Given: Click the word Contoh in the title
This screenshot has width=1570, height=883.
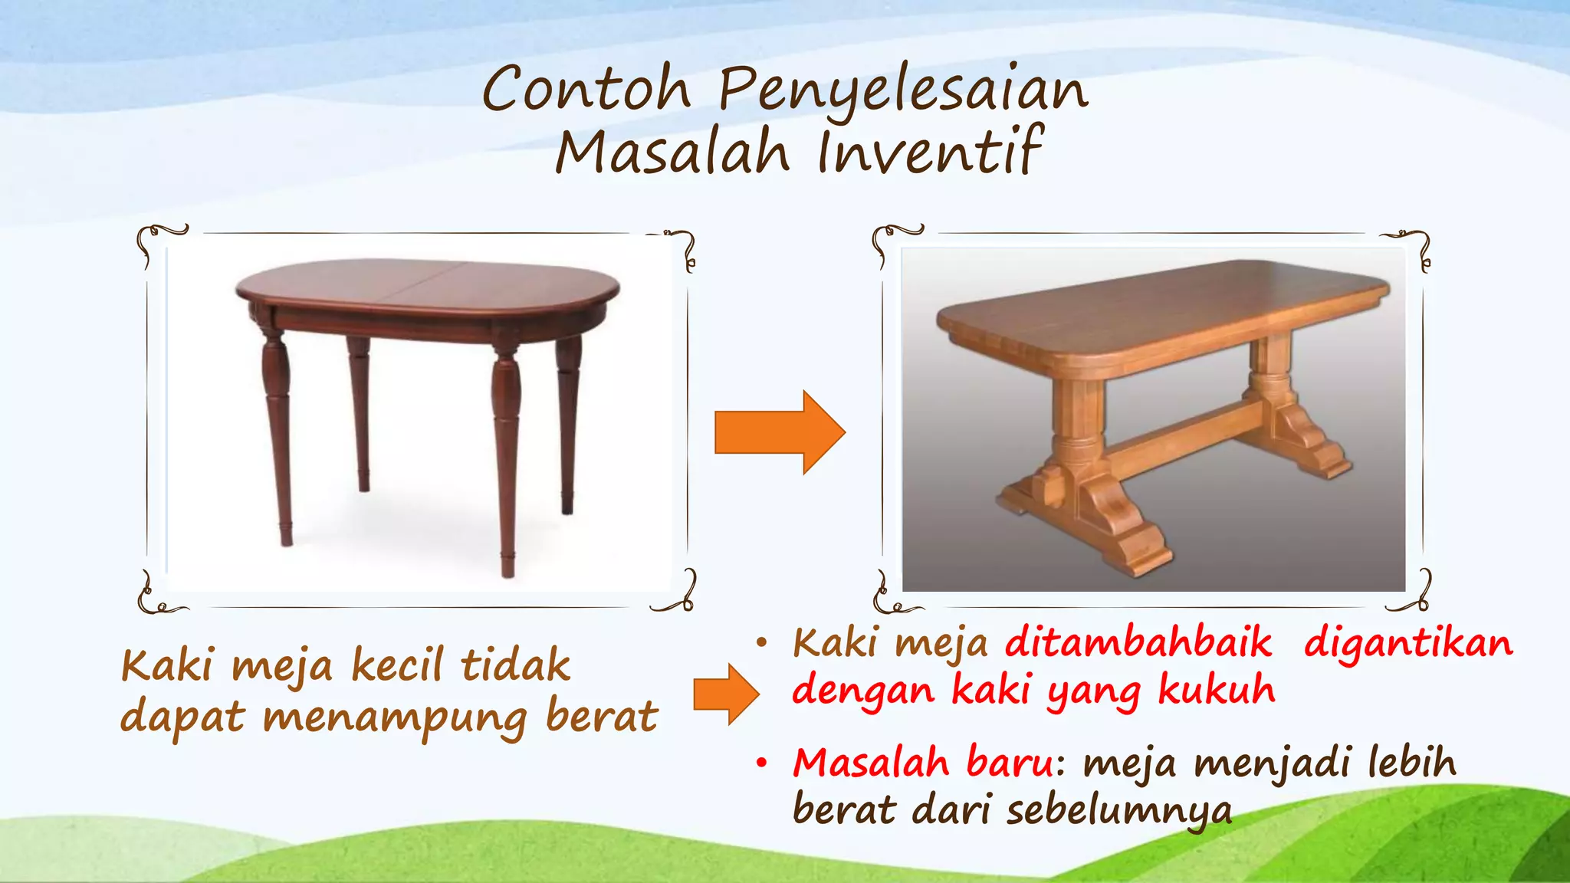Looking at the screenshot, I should pyautogui.click(x=586, y=90).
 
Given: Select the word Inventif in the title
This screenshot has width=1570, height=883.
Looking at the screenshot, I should pyautogui.click(x=930, y=151).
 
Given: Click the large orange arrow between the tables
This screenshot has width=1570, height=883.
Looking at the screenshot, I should pyautogui.click(x=779, y=432).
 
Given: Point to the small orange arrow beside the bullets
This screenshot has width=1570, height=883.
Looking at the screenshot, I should pyautogui.click(x=725, y=694).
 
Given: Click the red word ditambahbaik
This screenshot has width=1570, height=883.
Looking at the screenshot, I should pyautogui.click(x=1138, y=642).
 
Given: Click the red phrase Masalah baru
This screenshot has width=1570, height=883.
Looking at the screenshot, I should pyautogui.click(x=924, y=763).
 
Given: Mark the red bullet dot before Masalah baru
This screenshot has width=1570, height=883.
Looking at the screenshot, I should pyautogui.click(x=761, y=763).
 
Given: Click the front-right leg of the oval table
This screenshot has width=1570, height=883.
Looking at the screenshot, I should pyautogui.click(x=506, y=460).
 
